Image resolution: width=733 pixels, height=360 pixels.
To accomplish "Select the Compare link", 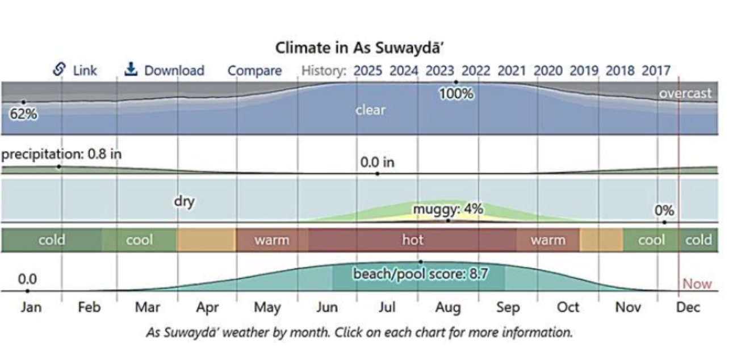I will click(x=254, y=71).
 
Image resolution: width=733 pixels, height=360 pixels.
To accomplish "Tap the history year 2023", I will click(x=439, y=71).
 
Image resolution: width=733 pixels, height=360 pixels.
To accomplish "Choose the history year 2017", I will click(x=656, y=71).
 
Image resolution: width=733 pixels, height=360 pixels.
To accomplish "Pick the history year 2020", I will click(x=548, y=71).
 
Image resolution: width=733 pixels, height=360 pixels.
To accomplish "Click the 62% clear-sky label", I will click(x=23, y=114).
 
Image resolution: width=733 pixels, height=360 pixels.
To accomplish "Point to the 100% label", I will click(x=456, y=94).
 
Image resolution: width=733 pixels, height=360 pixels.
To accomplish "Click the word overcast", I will click(x=685, y=93).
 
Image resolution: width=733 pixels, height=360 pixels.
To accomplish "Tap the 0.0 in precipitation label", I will click(x=377, y=162).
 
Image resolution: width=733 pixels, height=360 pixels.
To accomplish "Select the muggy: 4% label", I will click(x=448, y=209).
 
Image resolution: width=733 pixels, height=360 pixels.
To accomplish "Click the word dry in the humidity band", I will click(x=184, y=202).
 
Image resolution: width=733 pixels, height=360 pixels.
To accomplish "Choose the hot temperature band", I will click(x=413, y=240).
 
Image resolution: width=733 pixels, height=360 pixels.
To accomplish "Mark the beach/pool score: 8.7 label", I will click(x=421, y=274).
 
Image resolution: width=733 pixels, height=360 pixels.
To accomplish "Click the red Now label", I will click(x=697, y=284).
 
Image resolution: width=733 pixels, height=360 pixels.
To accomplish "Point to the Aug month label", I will click(x=448, y=308).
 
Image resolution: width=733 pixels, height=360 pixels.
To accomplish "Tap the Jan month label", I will click(x=31, y=308).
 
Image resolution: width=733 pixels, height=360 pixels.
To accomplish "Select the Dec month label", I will click(x=688, y=308).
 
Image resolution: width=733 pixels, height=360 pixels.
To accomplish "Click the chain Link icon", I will click(x=59, y=69).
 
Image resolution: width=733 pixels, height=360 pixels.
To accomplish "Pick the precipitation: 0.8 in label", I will click(x=61, y=154).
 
